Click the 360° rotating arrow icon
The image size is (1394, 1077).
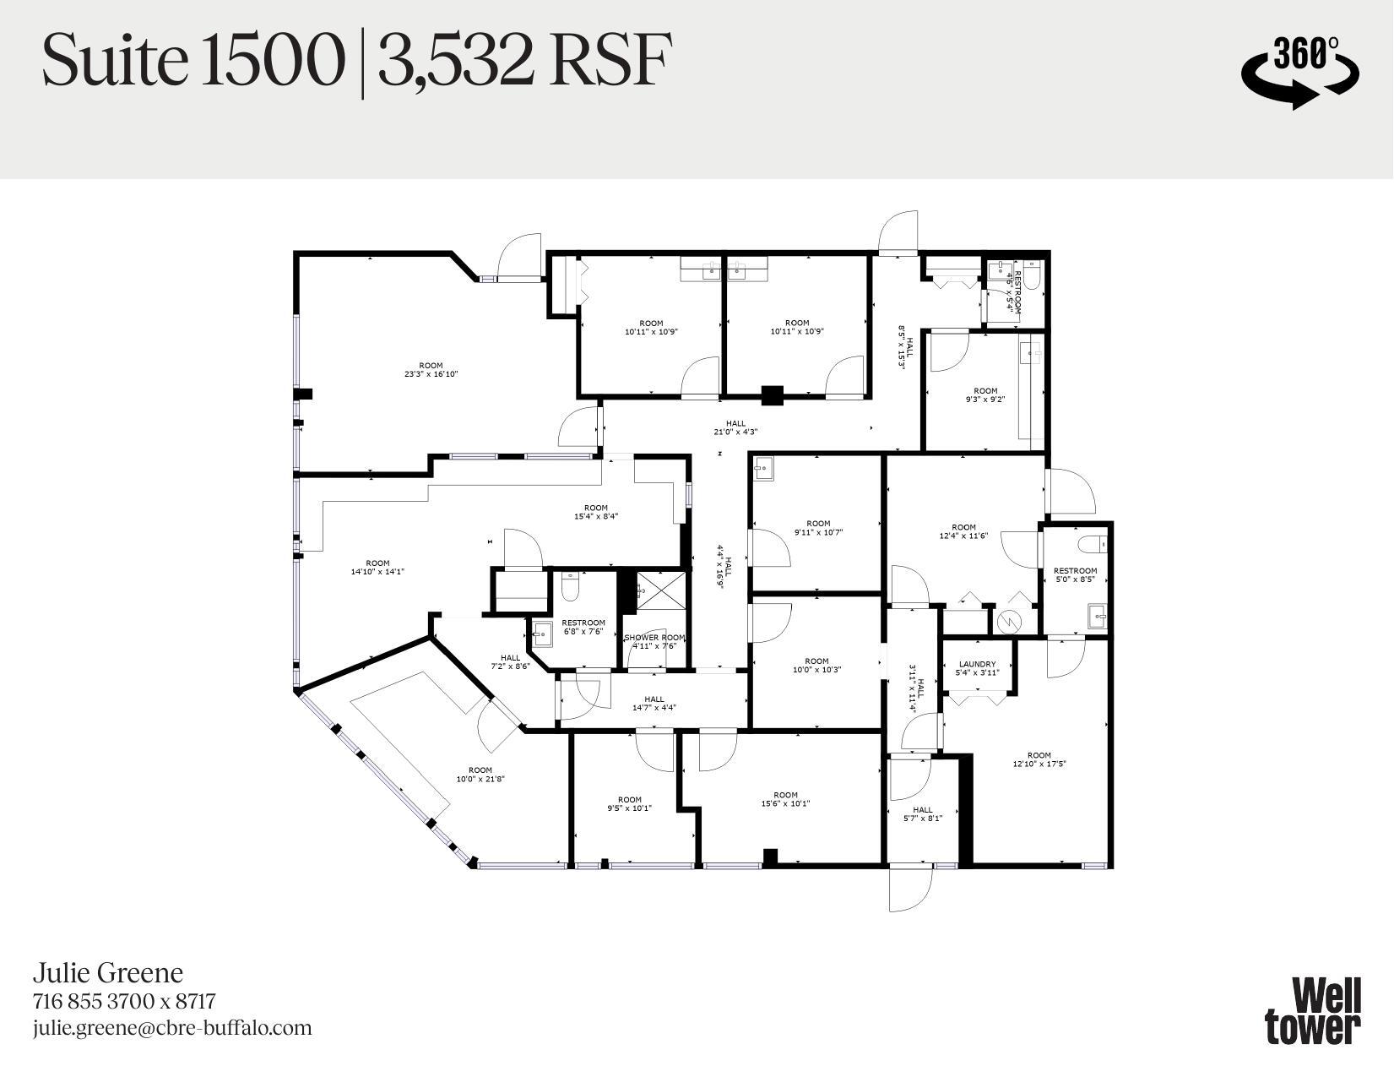pyautogui.click(x=1299, y=71)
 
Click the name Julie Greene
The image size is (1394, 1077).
pyautogui.click(x=107, y=973)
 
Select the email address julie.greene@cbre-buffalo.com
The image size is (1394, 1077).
pyautogui.click(x=172, y=1028)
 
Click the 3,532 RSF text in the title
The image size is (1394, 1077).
pyautogui.click(x=524, y=61)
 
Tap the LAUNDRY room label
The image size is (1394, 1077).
pyautogui.click(x=977, y=668)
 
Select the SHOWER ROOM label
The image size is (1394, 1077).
pyautogui.click(x=654, y=642)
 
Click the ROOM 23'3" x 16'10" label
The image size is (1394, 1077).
pyautogui.click(x=431, y=370)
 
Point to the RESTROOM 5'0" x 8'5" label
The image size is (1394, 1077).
pyautogui.click(x=1075, y=575)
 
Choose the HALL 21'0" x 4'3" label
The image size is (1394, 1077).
pyautogui.click(x=735, y=427)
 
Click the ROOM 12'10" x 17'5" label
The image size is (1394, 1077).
pyautogui.click(x=1039, y=759)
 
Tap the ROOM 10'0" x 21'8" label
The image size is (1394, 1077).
pyautogui.click(x=480, y=775)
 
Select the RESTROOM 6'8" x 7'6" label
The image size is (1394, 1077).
pyautogui.click(x=583, y=627)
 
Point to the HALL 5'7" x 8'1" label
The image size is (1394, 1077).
pyautogui.click(x=923, y=813)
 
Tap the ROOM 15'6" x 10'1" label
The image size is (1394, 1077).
pyautogui.click(x=785, y=799)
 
